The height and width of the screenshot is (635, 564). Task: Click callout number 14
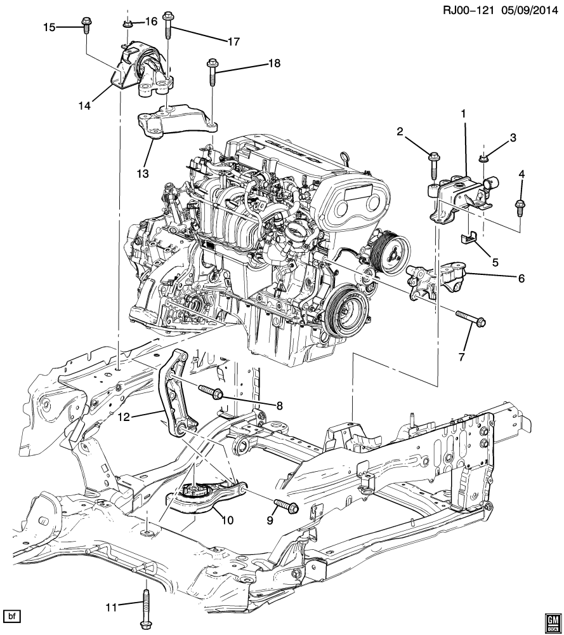[84, 105]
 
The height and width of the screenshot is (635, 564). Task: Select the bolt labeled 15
[86, 25]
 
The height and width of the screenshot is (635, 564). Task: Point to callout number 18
[274, 63]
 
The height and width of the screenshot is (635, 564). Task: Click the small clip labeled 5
[469, 239]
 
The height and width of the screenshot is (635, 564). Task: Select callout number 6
[521, 278]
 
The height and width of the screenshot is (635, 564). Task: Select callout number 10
[228, 520]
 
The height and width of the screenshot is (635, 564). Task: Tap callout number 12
[124, 417]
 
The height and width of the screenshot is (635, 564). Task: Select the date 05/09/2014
[529, 10]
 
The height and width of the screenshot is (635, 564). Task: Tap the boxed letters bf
[11, 617]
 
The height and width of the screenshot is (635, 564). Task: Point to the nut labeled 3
[483, 157]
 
